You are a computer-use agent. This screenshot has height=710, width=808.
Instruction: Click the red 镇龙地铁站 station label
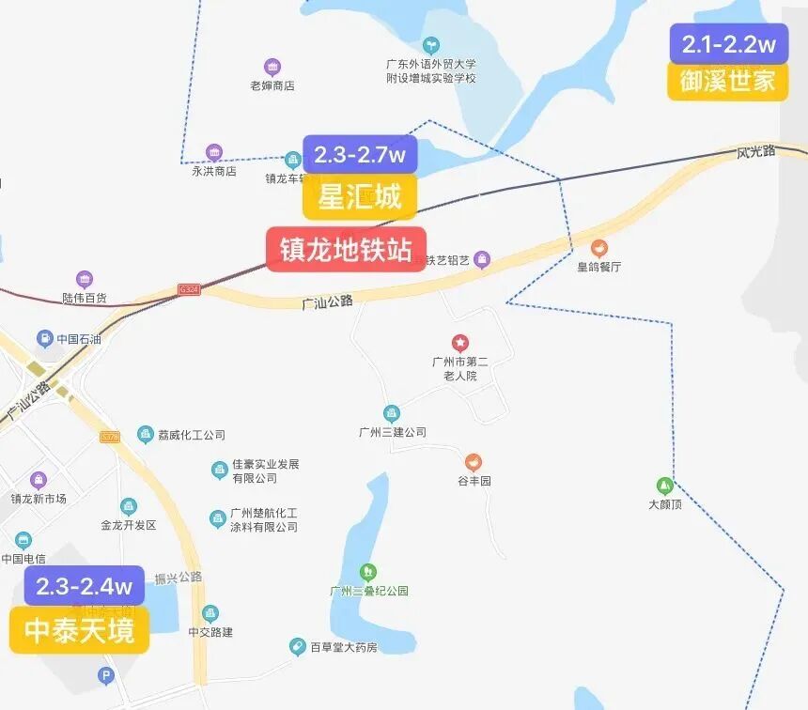(x=346, y=250)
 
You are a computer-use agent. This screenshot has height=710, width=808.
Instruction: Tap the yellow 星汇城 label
(x=360, y=197)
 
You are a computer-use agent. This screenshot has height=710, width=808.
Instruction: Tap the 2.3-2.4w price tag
(x=85, y=586)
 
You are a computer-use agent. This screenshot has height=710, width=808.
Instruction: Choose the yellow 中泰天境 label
(x=80, y=630)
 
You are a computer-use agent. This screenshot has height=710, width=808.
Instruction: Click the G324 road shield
(x=188, y=291)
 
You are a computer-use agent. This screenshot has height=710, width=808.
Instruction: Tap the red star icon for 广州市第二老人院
(x=459, y=343)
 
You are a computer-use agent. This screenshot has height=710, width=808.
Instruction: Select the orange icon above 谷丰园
(x=474, y=462)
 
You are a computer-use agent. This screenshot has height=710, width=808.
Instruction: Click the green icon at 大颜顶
(x=665, y=486)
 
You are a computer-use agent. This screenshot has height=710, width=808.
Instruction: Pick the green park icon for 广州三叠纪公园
(x=368, y=571)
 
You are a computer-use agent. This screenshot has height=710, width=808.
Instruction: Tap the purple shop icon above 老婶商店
(x=272, y=67)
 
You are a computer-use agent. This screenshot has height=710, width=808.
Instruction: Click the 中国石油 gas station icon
(x=44, y=338)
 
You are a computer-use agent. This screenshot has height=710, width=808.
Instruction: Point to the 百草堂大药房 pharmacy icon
(x=297, y=646)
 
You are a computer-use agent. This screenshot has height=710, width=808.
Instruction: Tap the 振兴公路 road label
(x=179, y=577)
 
